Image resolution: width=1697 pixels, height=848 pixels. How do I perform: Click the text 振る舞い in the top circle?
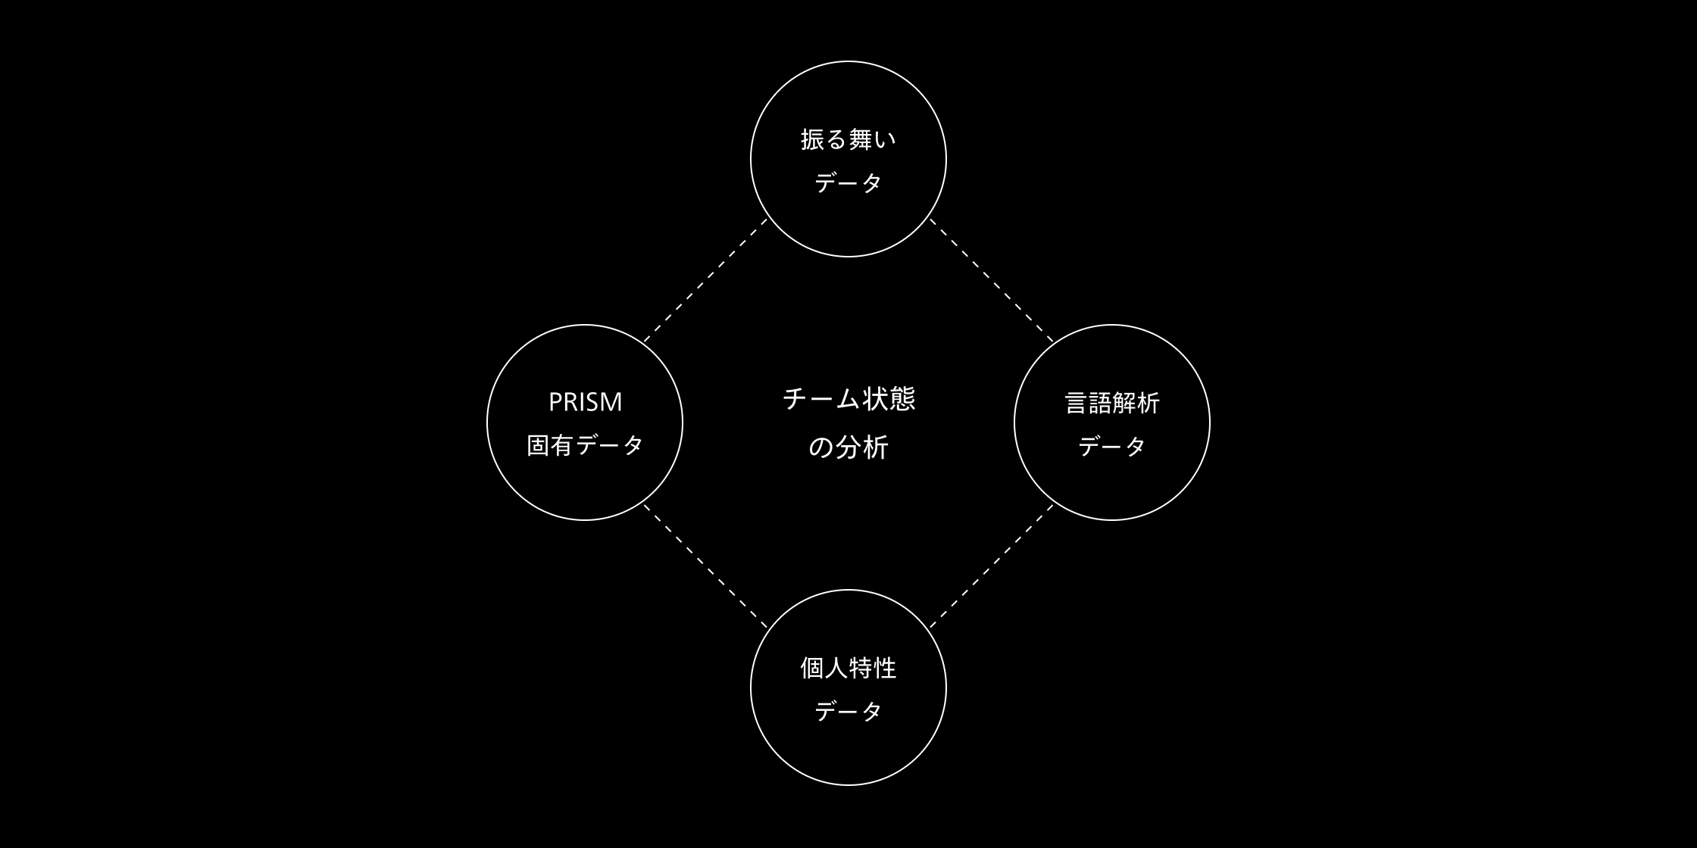click(848, 139)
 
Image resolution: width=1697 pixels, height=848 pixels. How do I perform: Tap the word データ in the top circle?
click(848, 182)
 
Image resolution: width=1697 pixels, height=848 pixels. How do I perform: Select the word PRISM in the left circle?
click(585, 402)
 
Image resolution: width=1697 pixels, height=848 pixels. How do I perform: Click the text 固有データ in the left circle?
click(585, 445)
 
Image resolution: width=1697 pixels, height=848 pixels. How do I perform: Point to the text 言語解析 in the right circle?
click(1111, 403)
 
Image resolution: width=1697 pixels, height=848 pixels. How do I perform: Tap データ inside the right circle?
click(1111, 446)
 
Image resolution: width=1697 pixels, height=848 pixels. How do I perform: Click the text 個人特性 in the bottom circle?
click(848, 668)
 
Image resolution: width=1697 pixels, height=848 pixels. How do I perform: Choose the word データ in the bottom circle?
click(848, 711)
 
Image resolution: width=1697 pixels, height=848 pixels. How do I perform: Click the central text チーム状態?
click(848, 399)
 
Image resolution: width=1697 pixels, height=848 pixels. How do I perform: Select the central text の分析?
click(848, 447)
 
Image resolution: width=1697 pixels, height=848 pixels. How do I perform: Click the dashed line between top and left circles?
click(705, 281)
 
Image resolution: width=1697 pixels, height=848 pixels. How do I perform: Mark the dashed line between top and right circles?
click(991, 280)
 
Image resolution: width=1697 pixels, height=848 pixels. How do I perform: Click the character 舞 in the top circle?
click(860, 139)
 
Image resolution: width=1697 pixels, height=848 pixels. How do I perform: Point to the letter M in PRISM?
click(611, 402)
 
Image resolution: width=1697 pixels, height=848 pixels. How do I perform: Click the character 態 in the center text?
click(901, 399)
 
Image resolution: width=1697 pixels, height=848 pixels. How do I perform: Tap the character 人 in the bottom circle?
click(836, 668)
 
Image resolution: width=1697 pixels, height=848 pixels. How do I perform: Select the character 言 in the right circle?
click(1077, 403)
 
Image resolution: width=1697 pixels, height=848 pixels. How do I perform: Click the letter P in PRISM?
click(555, 402)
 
